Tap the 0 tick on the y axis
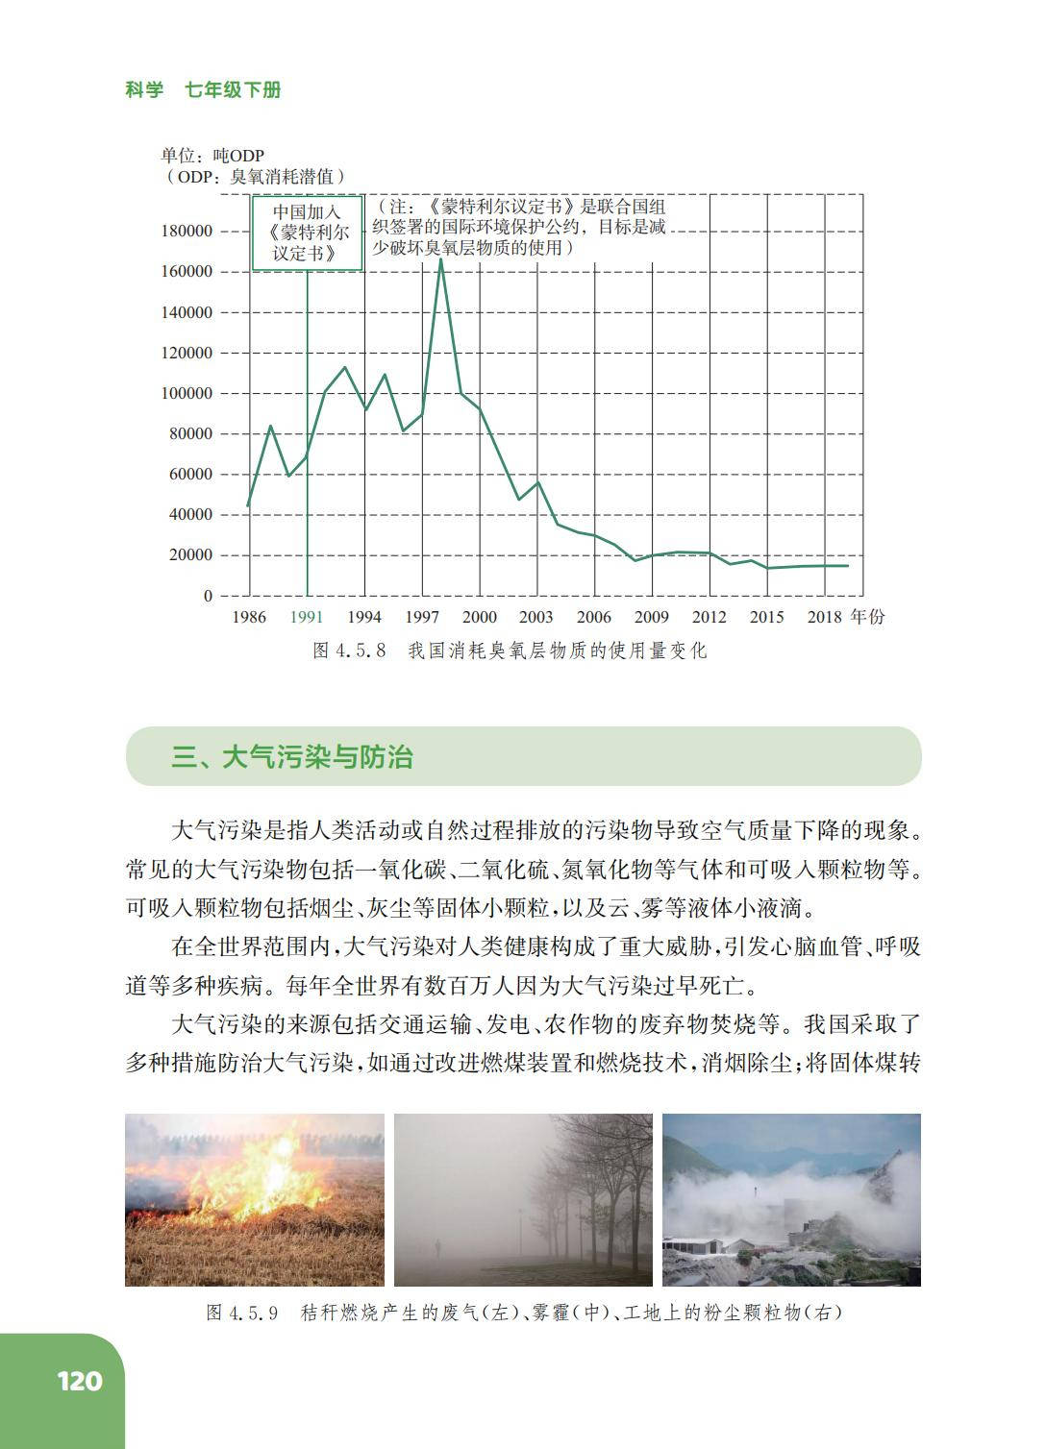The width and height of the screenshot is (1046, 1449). [208, 596]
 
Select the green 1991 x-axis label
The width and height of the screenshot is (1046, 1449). [307, 617]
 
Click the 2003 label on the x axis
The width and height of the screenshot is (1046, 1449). [536, 617]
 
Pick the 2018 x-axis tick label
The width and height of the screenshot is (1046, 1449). [824, 617]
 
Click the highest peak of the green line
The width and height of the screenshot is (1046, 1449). [440, 259]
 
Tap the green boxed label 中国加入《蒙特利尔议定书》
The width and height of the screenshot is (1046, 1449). [307, 233]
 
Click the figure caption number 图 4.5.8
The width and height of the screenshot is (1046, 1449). [349, 651]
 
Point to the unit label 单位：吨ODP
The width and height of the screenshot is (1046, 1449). [212, 156]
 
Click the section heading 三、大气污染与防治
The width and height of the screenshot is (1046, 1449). [292, 757]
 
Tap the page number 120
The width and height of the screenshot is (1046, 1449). [79, 1381]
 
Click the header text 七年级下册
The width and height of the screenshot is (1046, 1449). [233, 90]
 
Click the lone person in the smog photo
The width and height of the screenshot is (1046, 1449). [438, 1248]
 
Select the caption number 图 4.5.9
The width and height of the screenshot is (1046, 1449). [242, 1313]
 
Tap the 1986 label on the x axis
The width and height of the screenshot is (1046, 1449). [249, 617]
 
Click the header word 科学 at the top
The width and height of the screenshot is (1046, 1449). [144, 90]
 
